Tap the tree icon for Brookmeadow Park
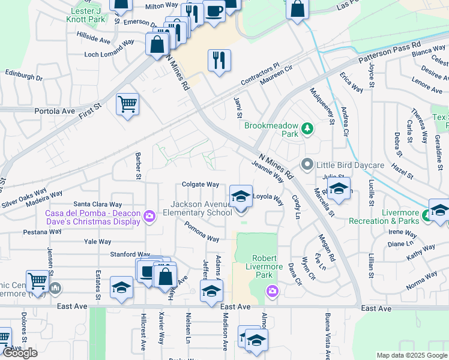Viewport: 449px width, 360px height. pos(307,128)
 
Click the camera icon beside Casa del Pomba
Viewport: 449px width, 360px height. pos(150,216)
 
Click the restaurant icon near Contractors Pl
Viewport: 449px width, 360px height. pos(219,60)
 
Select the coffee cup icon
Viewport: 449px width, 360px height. pos(214,10)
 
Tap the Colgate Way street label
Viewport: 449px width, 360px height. pos(200,185)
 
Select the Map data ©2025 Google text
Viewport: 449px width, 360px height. pos(411,355)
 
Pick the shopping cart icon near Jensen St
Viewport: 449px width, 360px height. pos(37,280)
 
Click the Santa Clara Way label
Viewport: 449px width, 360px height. pos(98,205)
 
